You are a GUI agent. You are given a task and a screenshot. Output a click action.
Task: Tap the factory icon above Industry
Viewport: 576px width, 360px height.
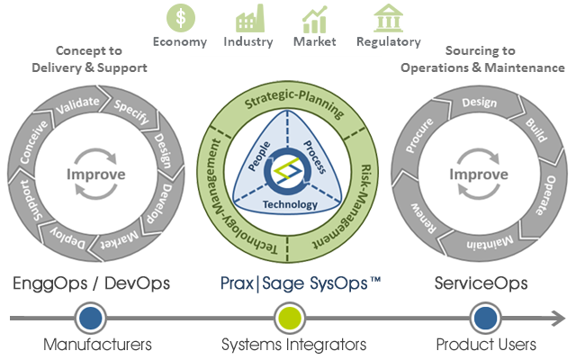248,19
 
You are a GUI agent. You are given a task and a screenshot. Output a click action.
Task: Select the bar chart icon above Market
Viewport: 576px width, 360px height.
315,19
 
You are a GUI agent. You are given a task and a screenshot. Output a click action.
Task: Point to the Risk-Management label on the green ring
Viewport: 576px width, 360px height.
358,198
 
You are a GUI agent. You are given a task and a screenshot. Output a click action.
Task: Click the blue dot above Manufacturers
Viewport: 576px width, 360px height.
88,318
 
